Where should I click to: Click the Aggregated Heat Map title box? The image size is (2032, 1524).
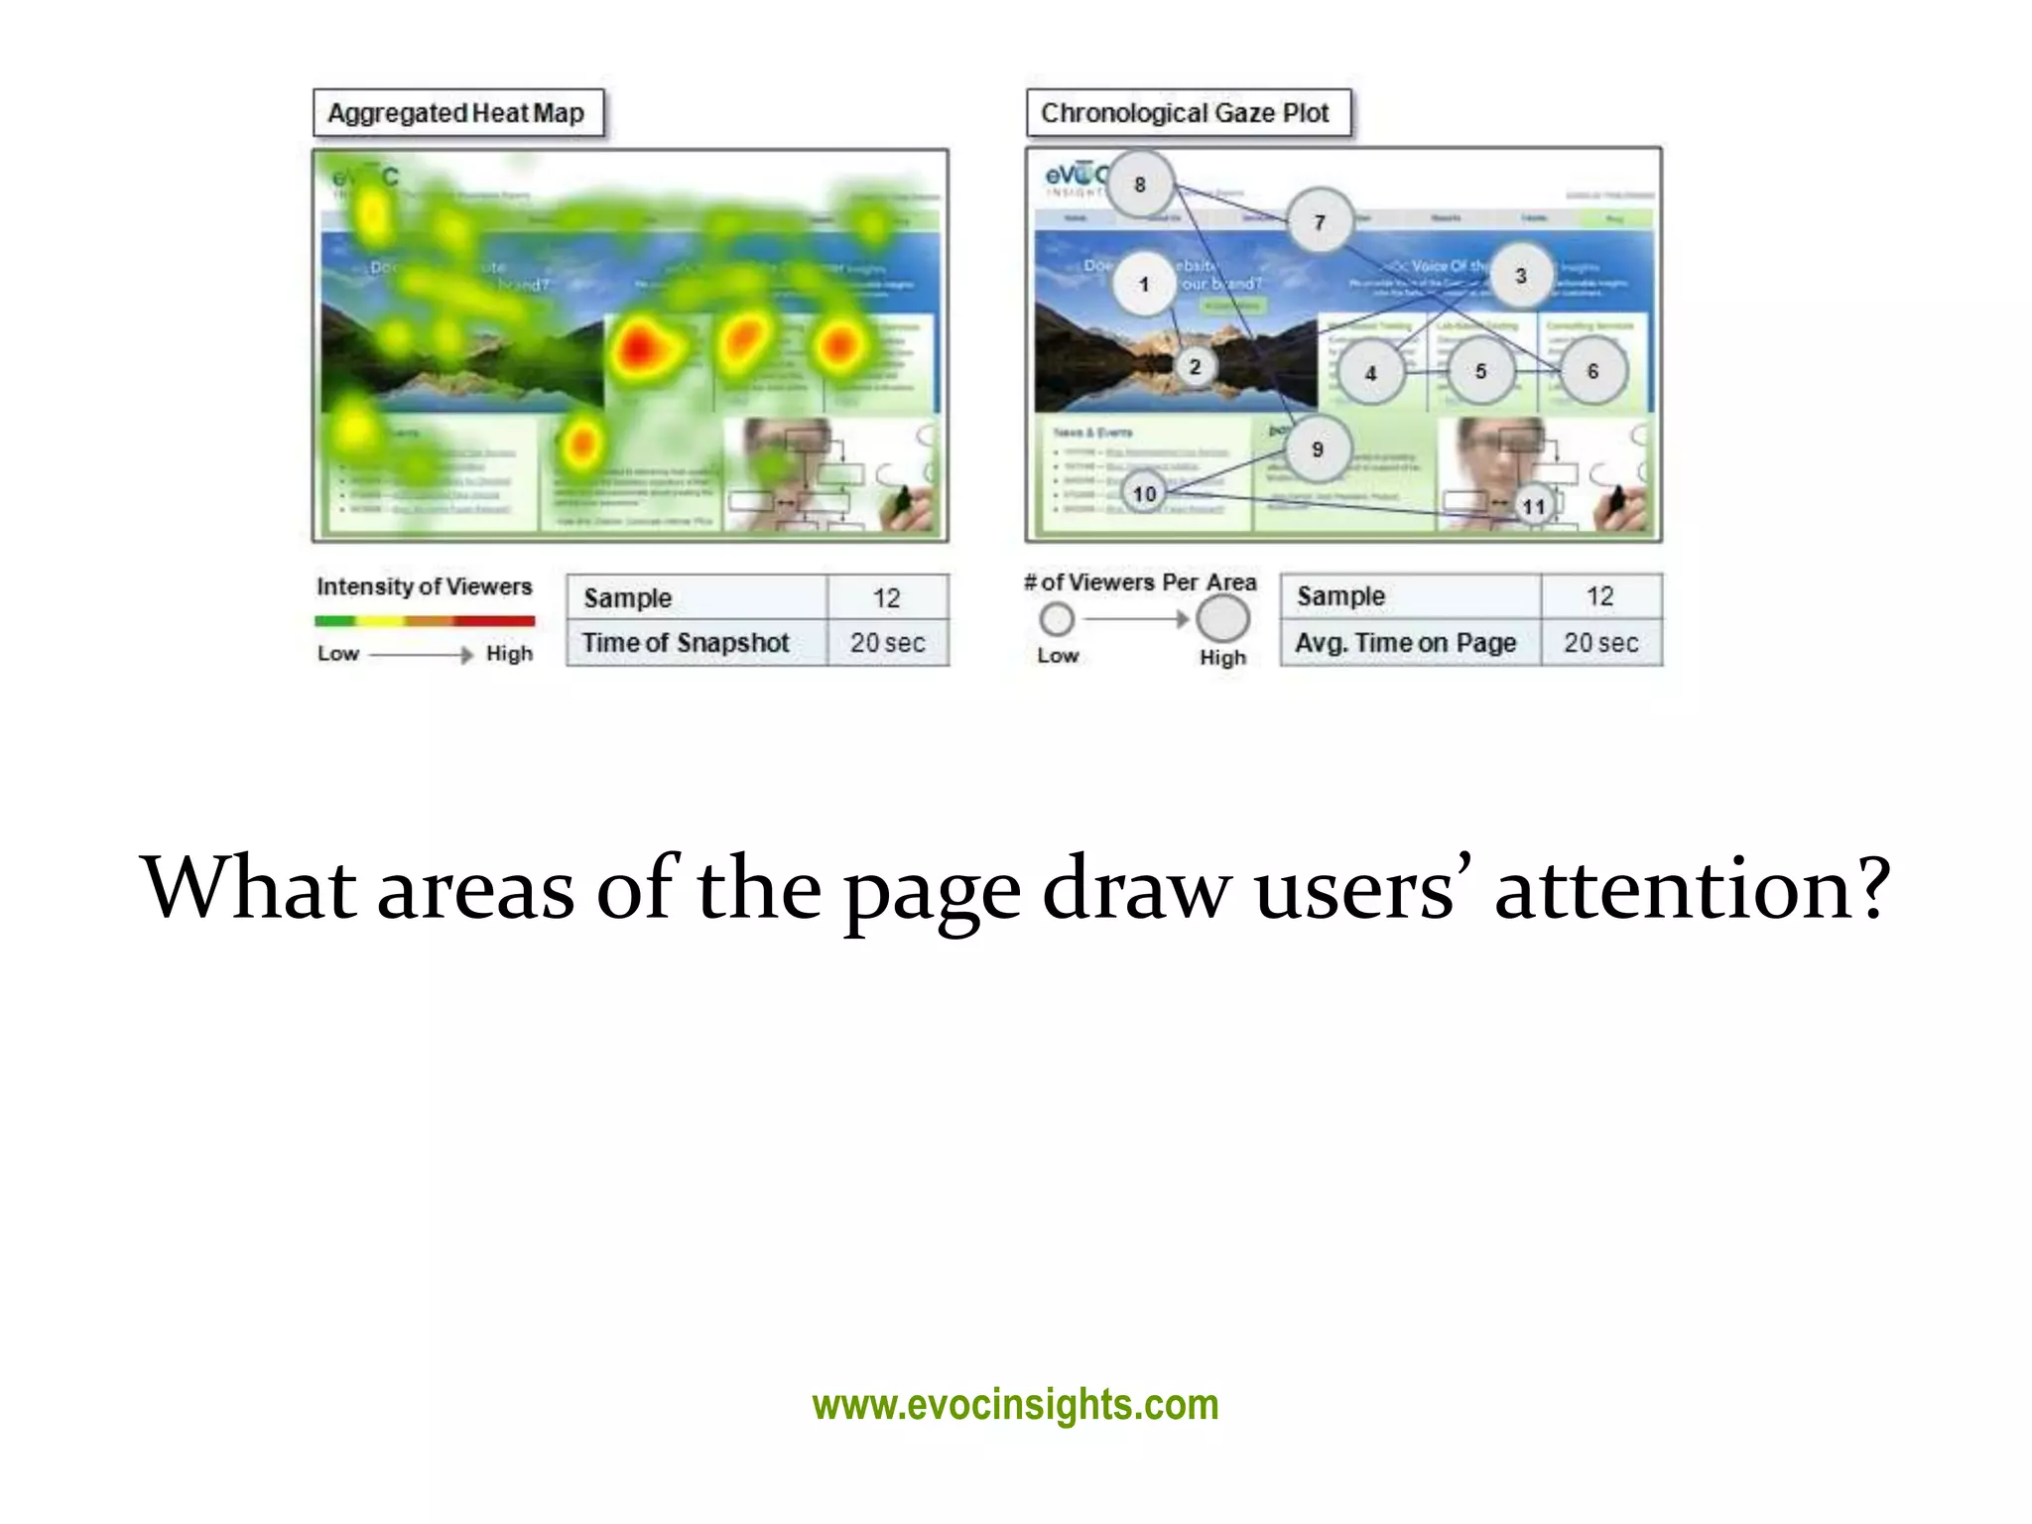(456, 113)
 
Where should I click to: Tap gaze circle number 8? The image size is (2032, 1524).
(1140, 185)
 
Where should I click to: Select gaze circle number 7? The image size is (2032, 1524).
(1320, 222)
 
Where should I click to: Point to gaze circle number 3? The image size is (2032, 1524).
(1520, 276)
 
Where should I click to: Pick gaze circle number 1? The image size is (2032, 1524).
(1144, 285)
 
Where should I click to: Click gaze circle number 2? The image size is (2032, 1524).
(1195, 367)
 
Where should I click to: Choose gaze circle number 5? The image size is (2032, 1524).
(1480, 372)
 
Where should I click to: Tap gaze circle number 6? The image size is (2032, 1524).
(1592, 371)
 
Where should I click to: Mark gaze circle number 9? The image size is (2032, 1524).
(1318, 449)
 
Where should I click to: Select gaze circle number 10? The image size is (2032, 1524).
(1145, 493)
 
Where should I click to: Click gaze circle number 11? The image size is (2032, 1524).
(1534, 506)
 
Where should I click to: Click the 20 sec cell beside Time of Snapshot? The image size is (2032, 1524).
(887, 643)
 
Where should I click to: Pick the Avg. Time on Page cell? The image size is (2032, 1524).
(1407, 643)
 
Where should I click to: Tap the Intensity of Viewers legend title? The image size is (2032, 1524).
(425, 586)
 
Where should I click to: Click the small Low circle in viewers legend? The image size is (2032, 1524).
(1057, 619)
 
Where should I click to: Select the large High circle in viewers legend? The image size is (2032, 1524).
(1222, 619)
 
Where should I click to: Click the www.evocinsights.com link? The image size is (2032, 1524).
(1015, 1405)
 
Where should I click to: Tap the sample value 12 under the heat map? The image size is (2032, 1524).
(887, 597)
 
